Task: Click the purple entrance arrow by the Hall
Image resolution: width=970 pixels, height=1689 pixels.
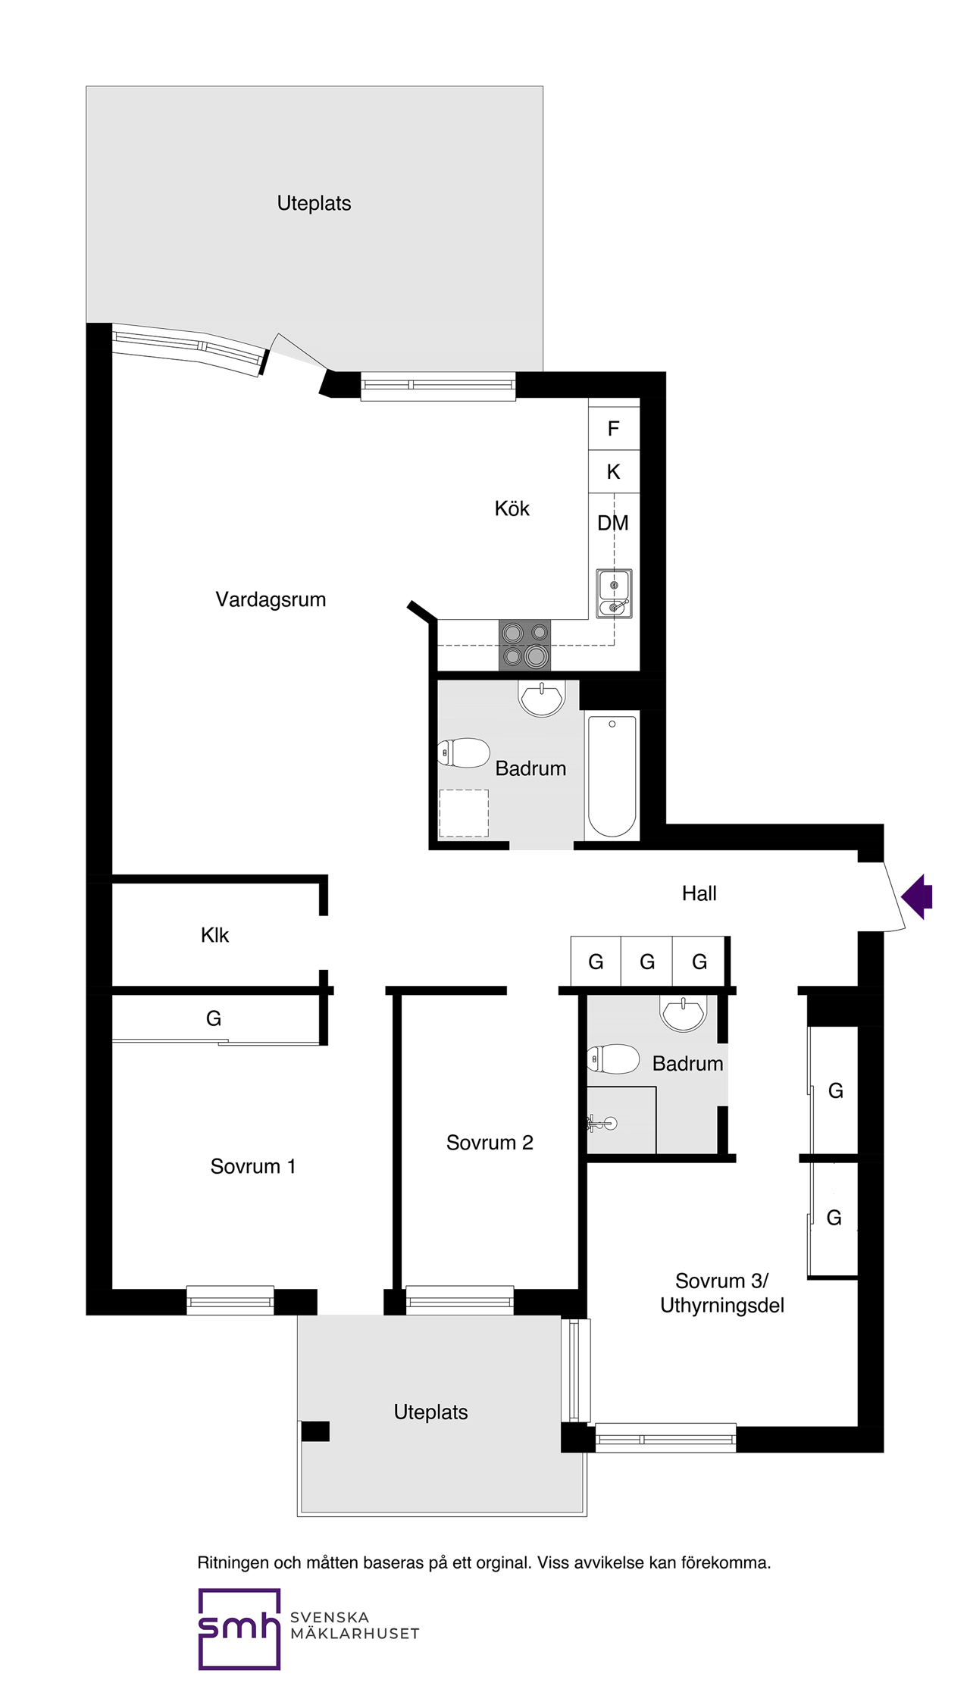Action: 918,896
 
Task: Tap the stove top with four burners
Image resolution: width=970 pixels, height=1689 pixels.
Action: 524,645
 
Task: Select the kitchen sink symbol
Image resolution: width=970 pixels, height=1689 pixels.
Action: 614,593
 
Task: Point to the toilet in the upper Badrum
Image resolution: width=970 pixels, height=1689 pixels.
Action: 465,753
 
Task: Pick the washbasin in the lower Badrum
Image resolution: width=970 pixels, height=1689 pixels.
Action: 684,1013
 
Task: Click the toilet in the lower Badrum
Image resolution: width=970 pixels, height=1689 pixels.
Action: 613,1059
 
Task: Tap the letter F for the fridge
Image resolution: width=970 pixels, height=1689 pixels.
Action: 614,429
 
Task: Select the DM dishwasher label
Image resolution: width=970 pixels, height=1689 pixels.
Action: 613,523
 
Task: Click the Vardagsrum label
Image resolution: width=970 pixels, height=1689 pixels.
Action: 271,599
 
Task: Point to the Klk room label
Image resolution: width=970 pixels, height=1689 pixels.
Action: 214,935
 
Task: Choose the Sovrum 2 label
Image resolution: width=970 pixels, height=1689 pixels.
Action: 490,1143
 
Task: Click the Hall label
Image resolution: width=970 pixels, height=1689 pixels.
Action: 699,893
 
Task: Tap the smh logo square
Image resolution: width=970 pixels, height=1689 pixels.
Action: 239,1628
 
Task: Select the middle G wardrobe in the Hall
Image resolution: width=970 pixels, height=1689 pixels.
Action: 646,962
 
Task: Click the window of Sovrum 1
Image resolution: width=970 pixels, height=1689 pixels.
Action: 230,1301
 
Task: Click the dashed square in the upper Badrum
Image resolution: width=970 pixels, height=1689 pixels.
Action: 464,813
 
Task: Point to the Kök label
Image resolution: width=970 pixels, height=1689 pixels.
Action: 512,508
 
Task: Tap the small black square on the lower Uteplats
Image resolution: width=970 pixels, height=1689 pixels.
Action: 315,1431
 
